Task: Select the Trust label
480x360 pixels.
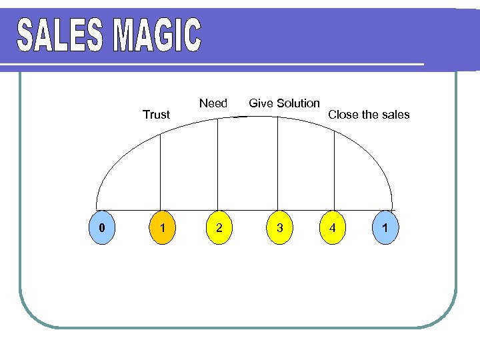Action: [x=157, y=115]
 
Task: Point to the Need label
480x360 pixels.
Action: [x=213, y=103]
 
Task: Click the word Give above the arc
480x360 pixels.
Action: [x=261, y=103]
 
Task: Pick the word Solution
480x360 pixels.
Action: [x=298, y=103]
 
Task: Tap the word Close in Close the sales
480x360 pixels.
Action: [x=343, y=115]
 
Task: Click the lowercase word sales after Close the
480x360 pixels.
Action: [x=395, y=115]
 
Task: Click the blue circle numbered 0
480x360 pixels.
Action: [x=101, y=228]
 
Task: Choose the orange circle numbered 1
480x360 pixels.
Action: [x=160, y=228]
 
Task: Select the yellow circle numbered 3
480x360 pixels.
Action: [x=280, y=228]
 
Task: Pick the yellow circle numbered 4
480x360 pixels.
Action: [x=333, y=228]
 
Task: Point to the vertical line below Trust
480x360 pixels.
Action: [x=161, y=171]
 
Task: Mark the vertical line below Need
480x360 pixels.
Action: [x=218, y=163]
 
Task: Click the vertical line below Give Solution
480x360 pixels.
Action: [x=277, y=163]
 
